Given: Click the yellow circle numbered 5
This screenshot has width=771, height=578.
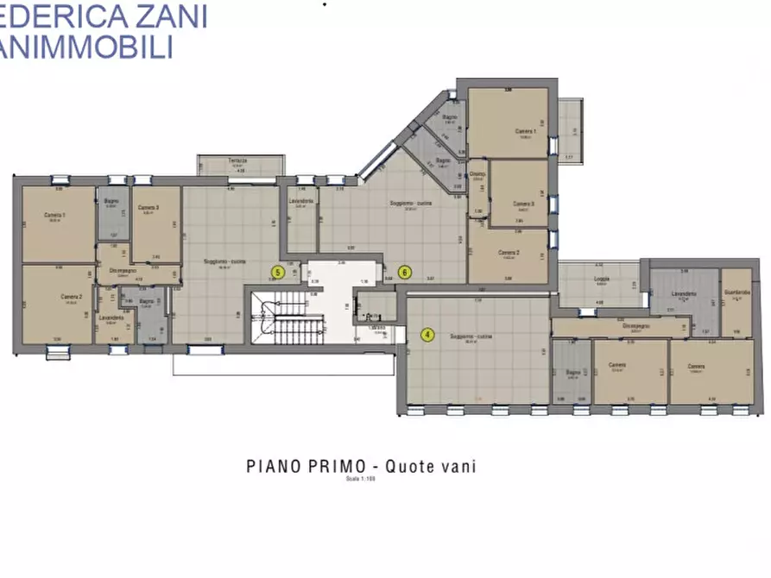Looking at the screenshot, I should (x=277, y=272).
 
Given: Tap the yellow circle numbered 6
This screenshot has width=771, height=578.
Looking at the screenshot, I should (x=405, y=272).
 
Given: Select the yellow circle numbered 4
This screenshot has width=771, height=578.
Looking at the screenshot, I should (x=427, y=335).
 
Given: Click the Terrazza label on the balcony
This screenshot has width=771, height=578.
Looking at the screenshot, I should (x=237, y=161).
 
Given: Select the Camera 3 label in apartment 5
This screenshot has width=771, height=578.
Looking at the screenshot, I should (x=149, y=209).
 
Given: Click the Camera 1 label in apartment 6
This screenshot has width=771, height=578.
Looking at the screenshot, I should (x=525, y=132).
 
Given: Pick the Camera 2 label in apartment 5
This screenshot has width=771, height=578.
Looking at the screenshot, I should (x=71, y=297).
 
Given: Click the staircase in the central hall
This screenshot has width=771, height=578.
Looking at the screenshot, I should (x=290, y=314).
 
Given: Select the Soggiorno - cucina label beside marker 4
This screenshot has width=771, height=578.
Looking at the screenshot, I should (x=470, y=336).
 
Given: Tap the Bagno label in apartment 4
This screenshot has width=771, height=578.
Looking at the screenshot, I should (x=572, y=372).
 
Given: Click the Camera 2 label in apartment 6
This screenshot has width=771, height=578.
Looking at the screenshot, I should (x=509, y=253).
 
